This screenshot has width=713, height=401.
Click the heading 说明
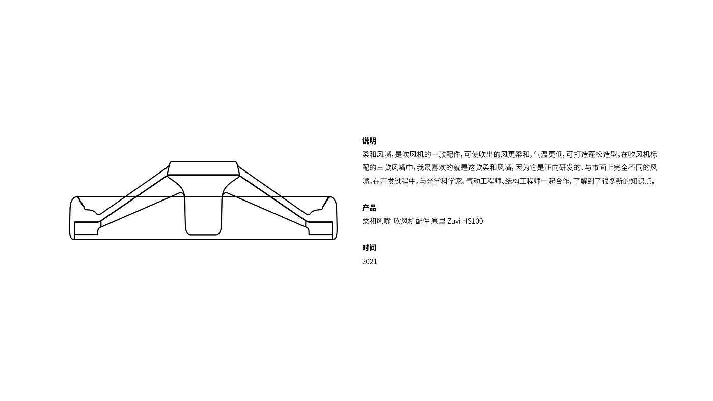point(369,141)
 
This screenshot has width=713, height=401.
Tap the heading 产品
point(369,208)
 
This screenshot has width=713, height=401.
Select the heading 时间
point(369,248)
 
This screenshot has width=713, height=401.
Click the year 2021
point(370,262)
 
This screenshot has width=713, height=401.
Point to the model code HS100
point(473,221)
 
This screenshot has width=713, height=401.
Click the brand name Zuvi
point(453,221)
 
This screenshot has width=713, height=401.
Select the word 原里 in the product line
point(438,221)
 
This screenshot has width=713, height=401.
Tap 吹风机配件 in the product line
point(411,221)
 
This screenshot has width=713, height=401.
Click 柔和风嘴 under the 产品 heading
point(376,221)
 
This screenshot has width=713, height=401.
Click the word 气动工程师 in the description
point(483,181)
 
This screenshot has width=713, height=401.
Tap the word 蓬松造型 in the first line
point(602,154)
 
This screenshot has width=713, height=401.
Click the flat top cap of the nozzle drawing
point(203,168)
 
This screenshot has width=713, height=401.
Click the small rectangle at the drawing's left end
point(86,228)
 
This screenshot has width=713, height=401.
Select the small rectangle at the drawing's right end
point(320,228)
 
